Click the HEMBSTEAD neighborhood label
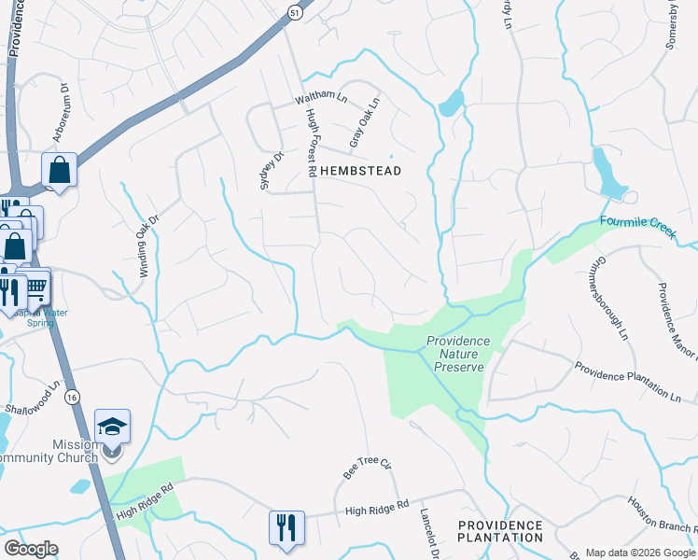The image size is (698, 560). tap(360, 172)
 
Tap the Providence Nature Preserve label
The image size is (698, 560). tap(459, 355)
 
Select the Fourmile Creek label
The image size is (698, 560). tap(636, 226)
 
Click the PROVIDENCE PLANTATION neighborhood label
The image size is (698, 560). tap(500, 531)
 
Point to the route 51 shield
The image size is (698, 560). tap(294, 12)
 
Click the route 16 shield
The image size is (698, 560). tap(72, 397)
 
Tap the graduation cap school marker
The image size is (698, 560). tap(113, 427)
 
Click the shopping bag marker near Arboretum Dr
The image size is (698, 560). tap(60, 171)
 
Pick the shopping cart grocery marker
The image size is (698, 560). tap(36, 288)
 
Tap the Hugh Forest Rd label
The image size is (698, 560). tap(313, 141)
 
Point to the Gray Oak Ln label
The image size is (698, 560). tap(365, 123)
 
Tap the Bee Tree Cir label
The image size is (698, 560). tap(366, 468)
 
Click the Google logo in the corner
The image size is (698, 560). tap(31, 549)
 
